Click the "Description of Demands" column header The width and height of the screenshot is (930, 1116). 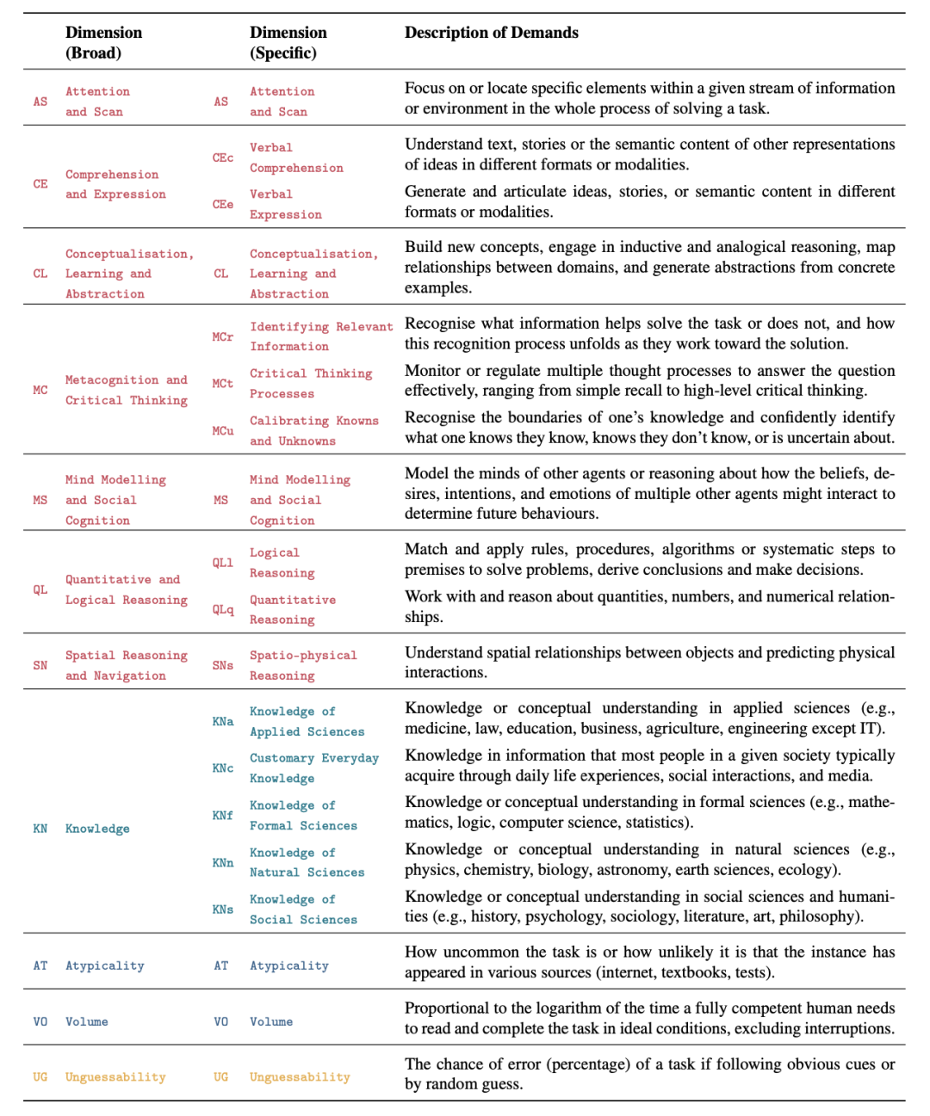[492, 33]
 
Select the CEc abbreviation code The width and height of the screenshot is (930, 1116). [223, 157]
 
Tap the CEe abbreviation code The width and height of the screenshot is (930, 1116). [223, 204]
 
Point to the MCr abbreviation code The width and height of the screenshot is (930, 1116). [223, 336]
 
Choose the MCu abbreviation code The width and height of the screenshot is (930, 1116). [223, 430]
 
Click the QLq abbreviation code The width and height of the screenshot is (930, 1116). [223, 609]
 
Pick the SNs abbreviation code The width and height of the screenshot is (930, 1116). [223, 665]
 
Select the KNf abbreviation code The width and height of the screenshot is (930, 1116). [223, 815]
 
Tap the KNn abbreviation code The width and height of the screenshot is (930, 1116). [223, 862]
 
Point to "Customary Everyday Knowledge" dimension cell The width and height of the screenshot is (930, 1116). [313, 768]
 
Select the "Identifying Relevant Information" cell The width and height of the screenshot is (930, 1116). [320, 336]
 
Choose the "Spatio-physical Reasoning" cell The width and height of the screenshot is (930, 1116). [302, 665]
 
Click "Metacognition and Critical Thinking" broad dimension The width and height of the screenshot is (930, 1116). [126, 390]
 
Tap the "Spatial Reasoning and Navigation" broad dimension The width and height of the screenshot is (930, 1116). [126, 665]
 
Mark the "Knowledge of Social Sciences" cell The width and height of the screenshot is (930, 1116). [302, 909]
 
